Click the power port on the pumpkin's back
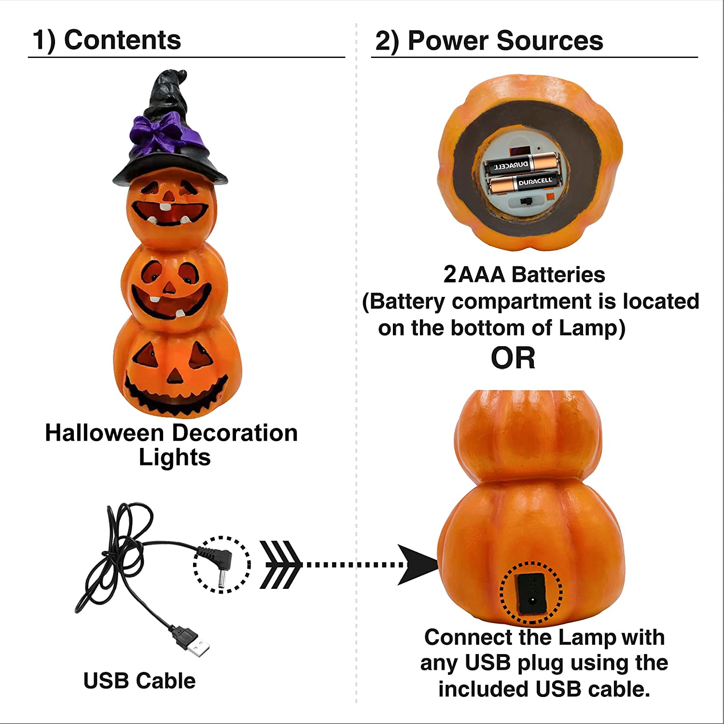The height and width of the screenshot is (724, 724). click(x=531, y=591)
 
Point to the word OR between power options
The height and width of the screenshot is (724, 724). click(x=513, y=358)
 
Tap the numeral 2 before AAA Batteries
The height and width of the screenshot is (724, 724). click(x=449, y=275)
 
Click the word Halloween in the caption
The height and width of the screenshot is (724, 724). click(x=104, y=433)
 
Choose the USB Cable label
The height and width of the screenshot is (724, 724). click(x=139, y=681)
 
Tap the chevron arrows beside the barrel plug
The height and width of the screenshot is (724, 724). click(x=279, y=565)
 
